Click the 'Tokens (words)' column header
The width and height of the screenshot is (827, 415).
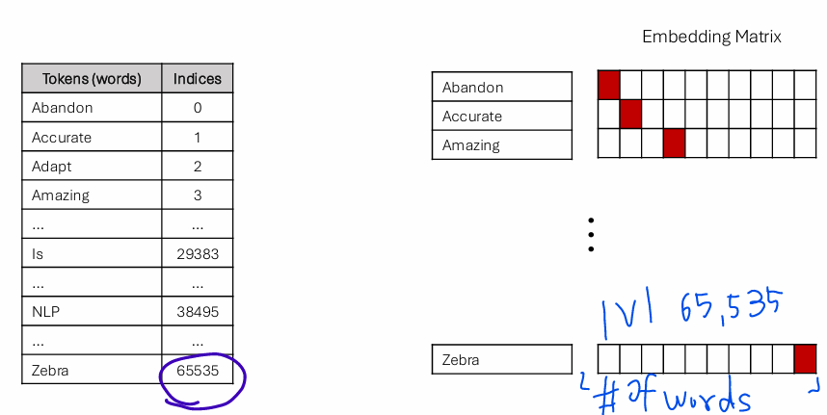[x=92, y=79]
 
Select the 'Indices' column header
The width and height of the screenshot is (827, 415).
[x=197, y=79]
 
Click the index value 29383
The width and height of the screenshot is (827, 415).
[x=197, y=254]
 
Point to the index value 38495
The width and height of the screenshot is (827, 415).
[x=197, y=312]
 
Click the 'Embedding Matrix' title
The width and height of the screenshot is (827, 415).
[x=711, y=37]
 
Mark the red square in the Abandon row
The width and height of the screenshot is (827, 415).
[x=608, y=85]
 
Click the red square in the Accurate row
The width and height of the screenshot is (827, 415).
[x=630, y=115]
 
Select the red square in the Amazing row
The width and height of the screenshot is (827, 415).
[x=674, y=143]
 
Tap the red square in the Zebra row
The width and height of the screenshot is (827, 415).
[x=805, y=359]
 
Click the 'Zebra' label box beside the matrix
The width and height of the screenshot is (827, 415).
[x=501, y=360]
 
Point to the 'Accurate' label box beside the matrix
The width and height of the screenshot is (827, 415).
[x=501, y=117]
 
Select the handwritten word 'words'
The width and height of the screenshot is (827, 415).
[x=703, y=398]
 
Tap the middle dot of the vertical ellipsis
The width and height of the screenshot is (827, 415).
[x=590, y=234]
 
